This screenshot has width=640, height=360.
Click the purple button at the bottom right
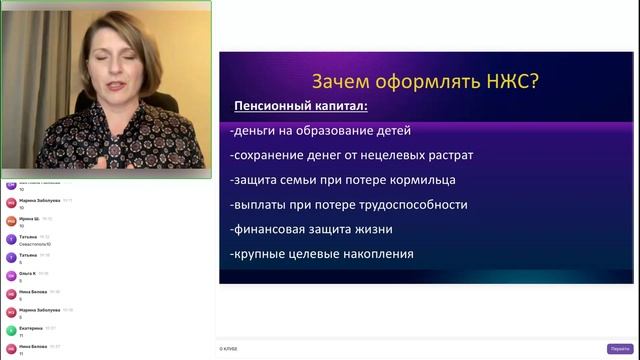(619, 348)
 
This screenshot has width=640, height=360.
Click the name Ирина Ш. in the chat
(29, 218)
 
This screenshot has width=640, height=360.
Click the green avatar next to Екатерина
(11, 330)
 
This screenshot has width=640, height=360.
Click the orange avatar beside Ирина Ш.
(11, 221)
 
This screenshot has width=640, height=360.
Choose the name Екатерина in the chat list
(30, 328)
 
